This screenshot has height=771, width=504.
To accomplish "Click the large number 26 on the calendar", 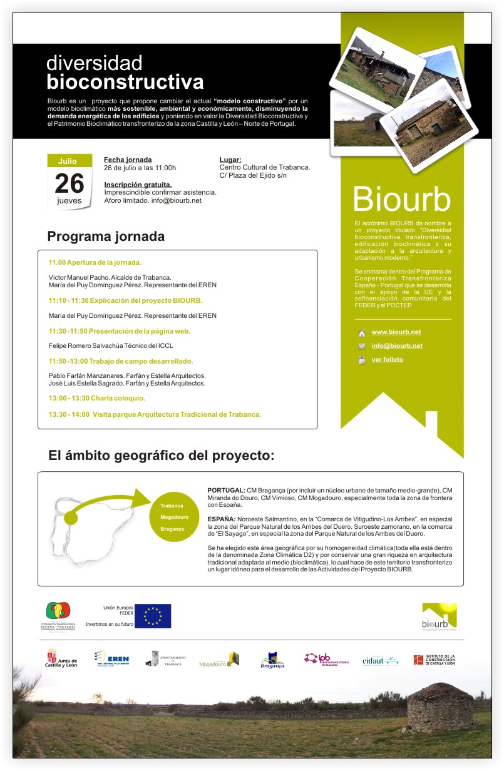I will (x=69, y=183).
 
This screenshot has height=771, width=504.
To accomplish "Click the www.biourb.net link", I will (x=396, y=332).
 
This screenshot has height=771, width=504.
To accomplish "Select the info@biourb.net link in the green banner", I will (x=396, y=345).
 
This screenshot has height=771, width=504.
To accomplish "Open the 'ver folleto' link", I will (x=387, y=359).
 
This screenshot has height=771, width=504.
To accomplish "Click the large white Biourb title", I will (x=401, y=200).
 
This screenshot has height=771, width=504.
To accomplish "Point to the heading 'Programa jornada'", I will (x=106, y=237).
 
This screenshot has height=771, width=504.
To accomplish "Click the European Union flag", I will (x=153, y=616).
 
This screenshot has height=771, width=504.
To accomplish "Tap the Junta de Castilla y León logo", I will (x=62, y=660).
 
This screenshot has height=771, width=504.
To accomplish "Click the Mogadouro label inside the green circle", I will (x=174, y=518).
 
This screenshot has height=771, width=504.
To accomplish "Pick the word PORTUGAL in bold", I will (x=226, y=489).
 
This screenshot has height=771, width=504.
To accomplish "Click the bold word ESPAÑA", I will (x=221, y=519).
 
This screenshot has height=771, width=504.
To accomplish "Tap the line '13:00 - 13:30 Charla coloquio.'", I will (x=97, y=398).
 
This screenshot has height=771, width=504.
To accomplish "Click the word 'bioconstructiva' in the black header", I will (x=125, y=82).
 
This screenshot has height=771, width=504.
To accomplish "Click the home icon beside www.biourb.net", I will (x=361, y=333).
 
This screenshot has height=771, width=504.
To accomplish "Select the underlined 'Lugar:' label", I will (x=230, y=160).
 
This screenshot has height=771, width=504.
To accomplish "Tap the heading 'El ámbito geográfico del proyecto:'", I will (x=162, y=455).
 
